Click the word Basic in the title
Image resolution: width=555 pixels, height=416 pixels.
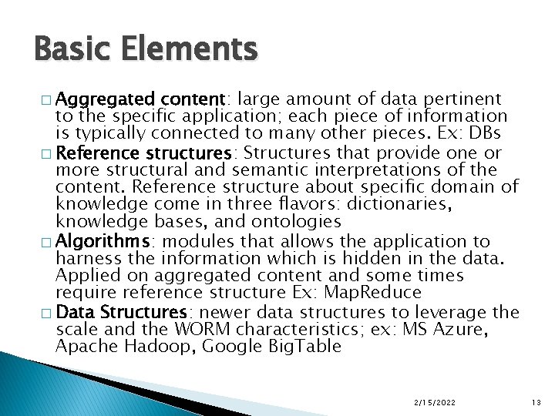click(70, 49)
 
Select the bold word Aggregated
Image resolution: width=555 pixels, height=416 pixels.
click(105, 99)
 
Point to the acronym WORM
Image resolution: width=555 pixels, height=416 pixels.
click(203, 329)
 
